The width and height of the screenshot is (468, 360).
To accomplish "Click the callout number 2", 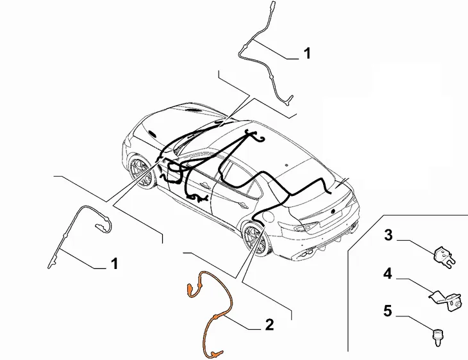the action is point(269,325).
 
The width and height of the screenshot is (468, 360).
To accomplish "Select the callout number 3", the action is point(388,235).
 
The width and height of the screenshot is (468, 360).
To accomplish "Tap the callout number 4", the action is point(387,274).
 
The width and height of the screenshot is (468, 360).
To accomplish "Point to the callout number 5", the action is point(387,311).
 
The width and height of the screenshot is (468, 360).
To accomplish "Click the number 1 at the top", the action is point(307,53).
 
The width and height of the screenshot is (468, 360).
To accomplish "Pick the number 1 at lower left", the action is point(114,264).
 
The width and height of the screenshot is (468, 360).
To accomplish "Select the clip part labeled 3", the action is point(444,256).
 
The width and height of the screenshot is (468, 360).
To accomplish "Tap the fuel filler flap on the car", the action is point(267,217).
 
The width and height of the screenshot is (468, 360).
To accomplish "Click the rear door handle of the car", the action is point(243,205).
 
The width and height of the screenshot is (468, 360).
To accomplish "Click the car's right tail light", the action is point(307,226).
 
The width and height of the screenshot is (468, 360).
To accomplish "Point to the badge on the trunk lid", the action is point(333,211).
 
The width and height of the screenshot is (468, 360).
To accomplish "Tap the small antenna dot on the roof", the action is point(286,165).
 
